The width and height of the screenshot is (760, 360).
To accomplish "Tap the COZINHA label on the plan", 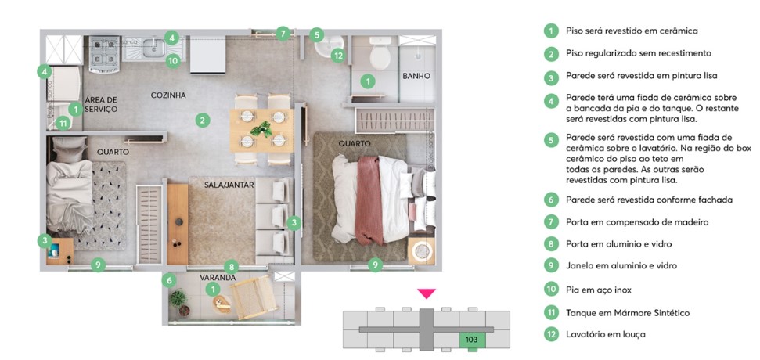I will [168, 95].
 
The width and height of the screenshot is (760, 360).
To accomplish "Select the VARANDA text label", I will [218, 277].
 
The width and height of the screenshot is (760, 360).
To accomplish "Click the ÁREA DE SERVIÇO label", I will [101, 104].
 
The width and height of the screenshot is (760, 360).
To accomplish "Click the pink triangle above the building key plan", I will [426, 293].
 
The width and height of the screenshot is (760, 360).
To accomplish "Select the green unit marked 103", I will [472, 339].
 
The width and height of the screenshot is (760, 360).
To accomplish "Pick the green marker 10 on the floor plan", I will [173, 59].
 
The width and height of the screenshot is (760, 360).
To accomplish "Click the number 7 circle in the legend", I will [551, 222].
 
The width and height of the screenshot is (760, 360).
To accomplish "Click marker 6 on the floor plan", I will [168, 279].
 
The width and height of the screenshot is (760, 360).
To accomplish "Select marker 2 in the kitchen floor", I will [202, 121].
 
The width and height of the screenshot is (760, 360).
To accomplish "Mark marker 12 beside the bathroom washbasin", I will [338, 55].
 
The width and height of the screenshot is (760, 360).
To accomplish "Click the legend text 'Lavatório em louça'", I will [606, 335].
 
